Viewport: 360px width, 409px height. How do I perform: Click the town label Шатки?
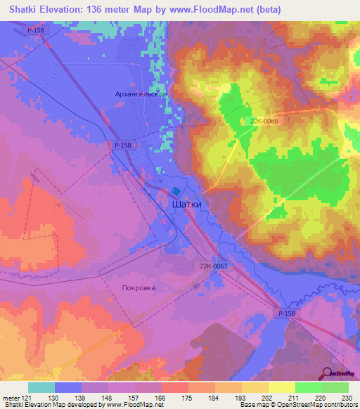coord(187,204)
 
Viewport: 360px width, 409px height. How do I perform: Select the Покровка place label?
coord(139,287)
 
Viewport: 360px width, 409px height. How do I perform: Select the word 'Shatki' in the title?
coord(22,10)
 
